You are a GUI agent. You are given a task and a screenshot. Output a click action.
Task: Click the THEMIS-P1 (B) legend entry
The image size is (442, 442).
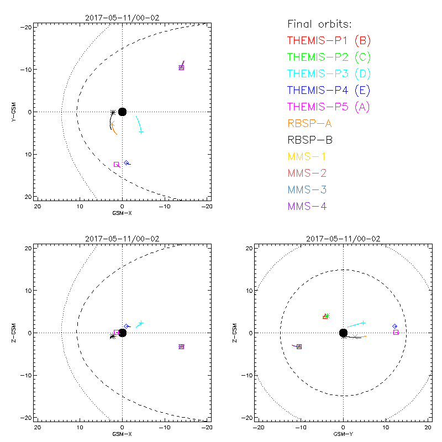click(x=329, y=40)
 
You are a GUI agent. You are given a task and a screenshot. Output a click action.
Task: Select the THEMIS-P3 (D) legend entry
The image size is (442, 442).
click(x=329, y=73)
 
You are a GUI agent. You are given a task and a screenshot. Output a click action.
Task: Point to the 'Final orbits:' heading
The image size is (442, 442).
click(x=319, y=24)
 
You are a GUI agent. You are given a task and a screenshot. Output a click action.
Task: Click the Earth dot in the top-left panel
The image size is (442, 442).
click(x=122, y=112)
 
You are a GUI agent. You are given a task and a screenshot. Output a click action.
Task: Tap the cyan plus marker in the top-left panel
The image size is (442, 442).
click(x=141, y=131)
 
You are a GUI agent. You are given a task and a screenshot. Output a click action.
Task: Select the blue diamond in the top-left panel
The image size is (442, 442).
click(x=127, y=162)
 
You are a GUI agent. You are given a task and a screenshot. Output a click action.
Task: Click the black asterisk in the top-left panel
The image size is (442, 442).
click(x=113, y=112)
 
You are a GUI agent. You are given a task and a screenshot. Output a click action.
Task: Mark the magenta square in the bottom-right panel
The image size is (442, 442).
click(x=396, y=332)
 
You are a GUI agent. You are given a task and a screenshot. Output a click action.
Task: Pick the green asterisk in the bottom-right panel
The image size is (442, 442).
click(x=327, y=315)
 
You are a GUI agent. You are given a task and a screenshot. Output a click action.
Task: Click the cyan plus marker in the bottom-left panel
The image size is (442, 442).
click(x=141, y=323)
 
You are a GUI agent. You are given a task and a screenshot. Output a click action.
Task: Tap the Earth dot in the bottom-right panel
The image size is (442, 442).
click(x=343, y=333)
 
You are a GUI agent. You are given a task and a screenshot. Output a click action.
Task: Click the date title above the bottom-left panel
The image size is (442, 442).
click(x=122, y=239)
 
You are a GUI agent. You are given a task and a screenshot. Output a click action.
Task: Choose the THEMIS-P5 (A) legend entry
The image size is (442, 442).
click(x=329, y=107)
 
